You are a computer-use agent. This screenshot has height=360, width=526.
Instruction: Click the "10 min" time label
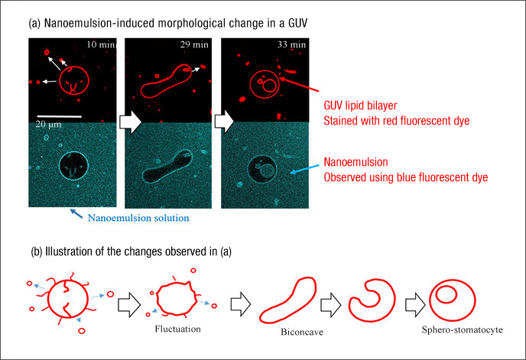[101, 44]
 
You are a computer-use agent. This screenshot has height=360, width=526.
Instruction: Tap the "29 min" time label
[194, 44]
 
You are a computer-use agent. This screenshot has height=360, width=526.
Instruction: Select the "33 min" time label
[291, 44]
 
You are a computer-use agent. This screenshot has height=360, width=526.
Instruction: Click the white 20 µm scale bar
[59, 117]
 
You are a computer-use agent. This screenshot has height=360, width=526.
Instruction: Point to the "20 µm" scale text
[49, 125]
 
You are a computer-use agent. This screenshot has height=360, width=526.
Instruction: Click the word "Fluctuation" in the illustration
[178, 329]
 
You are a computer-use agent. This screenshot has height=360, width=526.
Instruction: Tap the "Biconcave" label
[302, 332]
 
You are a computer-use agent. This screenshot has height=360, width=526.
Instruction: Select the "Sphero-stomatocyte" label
[463, 329]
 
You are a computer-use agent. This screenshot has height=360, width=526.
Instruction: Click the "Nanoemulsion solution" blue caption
[138, 218]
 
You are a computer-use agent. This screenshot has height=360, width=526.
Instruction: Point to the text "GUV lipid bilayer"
[360, 105]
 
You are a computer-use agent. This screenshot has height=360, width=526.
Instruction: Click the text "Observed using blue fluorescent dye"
[405, 177]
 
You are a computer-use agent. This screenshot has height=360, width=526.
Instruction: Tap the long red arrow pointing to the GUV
[299, 85]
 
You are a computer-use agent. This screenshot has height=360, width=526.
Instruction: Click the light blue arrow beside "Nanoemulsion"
[304, 169]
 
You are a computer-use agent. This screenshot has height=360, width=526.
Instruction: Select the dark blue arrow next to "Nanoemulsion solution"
[76, 214]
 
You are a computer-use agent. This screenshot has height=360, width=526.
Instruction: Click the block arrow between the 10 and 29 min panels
[130, 122]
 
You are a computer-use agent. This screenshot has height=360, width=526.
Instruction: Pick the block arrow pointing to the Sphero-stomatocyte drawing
[415, 305]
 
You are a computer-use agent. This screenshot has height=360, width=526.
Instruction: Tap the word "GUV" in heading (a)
[296, 23]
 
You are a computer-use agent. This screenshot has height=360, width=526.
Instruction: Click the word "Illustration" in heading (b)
[69, 251]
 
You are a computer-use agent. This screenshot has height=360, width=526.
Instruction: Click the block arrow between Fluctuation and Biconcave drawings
[241, 304]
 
